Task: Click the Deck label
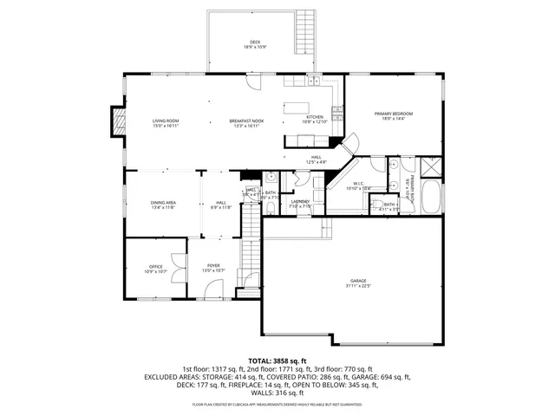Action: (255, 43)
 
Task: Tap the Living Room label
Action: (166, 123)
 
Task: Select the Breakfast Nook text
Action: (246, 123)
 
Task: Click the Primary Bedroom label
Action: (393, 116)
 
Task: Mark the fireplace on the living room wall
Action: (115, 122)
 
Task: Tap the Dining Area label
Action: (163, 205)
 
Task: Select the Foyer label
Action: (213, 270)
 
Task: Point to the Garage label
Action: (358, 283)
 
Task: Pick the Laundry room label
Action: (300, 204)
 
